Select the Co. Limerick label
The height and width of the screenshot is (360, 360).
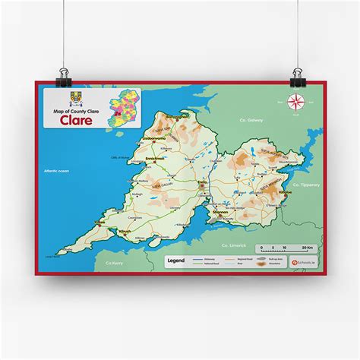[x=234, y=245]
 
